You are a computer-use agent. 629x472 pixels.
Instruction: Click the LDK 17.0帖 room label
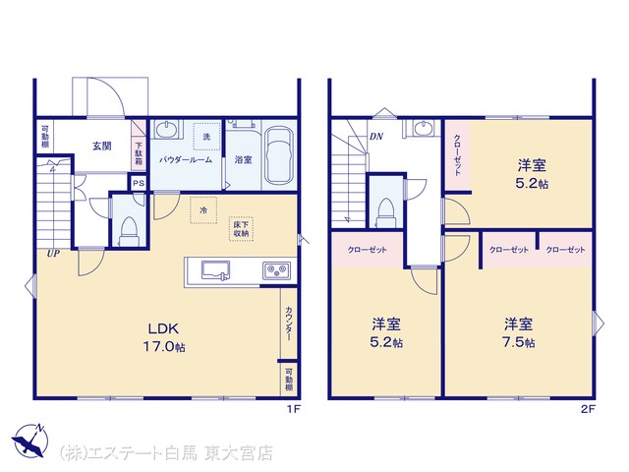(164, 337)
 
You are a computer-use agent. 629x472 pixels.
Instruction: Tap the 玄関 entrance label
(102, 147)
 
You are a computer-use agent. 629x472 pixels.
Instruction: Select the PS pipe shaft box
(139, 184)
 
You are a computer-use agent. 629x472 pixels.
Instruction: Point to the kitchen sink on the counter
(215, 270)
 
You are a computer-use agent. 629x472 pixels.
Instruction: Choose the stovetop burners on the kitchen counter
(276, 270)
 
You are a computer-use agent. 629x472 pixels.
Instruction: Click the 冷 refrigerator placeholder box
(203, 209)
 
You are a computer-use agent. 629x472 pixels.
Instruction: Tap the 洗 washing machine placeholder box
(206, 137)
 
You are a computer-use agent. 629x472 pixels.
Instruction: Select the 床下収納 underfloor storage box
(241, 229)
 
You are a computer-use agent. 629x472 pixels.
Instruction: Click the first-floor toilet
(129, 232)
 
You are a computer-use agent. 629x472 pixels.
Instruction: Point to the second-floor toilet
(386, 212)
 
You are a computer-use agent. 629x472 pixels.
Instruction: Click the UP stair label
(53, 254)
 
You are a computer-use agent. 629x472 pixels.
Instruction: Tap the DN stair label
(376, 137)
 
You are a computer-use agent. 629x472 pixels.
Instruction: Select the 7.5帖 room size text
(519, 342)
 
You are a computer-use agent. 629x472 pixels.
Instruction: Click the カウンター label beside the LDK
(289, 324)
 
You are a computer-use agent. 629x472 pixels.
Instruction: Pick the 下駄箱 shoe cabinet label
(139, 154)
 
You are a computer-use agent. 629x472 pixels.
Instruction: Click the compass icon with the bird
(29, 441)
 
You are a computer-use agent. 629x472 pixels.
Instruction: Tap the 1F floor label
(293, 409)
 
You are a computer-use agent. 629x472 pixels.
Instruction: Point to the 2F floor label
(588, 409)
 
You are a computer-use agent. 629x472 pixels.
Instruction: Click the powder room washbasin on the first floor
(166, 129)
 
